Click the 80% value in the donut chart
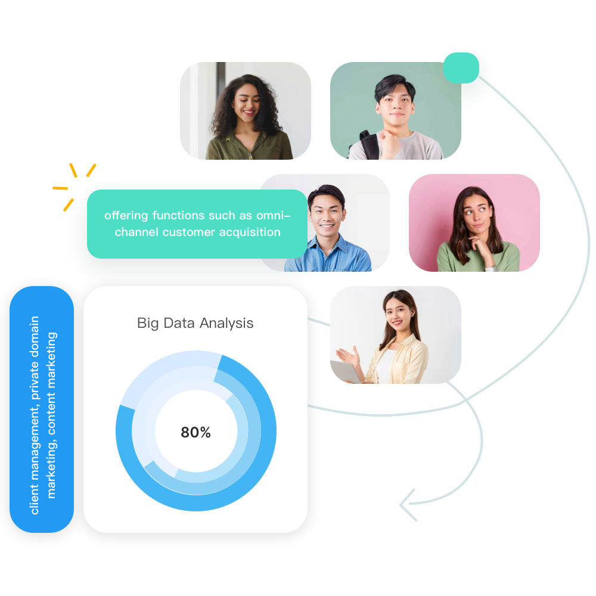pos(195,433)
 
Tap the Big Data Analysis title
pos(195,323)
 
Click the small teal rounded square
pos(461,68)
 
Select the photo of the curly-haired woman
pos(246,111)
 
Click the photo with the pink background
pos(474,223)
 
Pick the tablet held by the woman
pos(346,371)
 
